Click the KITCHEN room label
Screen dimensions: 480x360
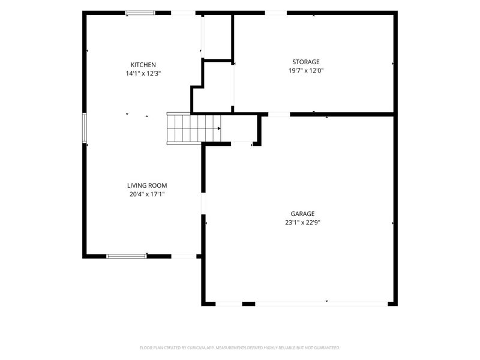(x=143, y=65)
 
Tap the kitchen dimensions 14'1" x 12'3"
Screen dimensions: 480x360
(x=143, y=73)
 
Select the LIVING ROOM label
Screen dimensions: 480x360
(x=147, y=185)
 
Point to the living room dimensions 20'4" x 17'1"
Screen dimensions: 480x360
(x=147, y=194)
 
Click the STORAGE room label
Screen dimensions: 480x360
(x=306, y=62)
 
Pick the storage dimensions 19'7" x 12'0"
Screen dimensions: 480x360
(x=306, y=71)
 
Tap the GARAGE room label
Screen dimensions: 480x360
(x=302, y=214)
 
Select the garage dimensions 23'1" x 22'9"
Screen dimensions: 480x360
(x=302, y=223)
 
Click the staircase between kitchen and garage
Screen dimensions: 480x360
(x=193, y=128)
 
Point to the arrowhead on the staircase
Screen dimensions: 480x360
(x=219, y=128)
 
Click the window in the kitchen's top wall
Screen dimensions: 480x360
(x=140, y=13)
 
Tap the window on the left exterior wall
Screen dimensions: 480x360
(x=85, y=128)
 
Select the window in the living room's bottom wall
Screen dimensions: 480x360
(x=127, y=256)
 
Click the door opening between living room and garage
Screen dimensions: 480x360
(x=203, y=203)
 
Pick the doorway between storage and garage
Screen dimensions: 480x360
(x=279, y=115)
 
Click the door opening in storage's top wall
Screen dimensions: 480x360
(x=276, y=13)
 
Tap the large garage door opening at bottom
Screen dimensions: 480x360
(x=322, y=304)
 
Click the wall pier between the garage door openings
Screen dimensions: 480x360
(x=248, y=304)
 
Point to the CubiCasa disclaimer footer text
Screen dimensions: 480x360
(x=239, y=348)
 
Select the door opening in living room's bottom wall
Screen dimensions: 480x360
(x=184, y=256)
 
